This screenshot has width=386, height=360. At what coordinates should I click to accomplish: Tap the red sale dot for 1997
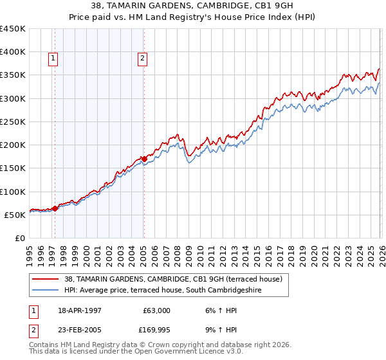[x=55, y=208]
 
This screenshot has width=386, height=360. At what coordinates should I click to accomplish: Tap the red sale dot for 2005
[x=144, y=159]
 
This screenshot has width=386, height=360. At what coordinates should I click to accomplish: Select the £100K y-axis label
[x=13, y=192]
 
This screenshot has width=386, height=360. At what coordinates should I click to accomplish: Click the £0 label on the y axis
[x=21, y=238]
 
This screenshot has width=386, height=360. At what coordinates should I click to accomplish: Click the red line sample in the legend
[x=46, y=279]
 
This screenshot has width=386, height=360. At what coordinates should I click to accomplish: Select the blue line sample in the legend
[x=46, y=290]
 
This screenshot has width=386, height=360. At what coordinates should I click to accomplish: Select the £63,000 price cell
[x=156, y=310]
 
